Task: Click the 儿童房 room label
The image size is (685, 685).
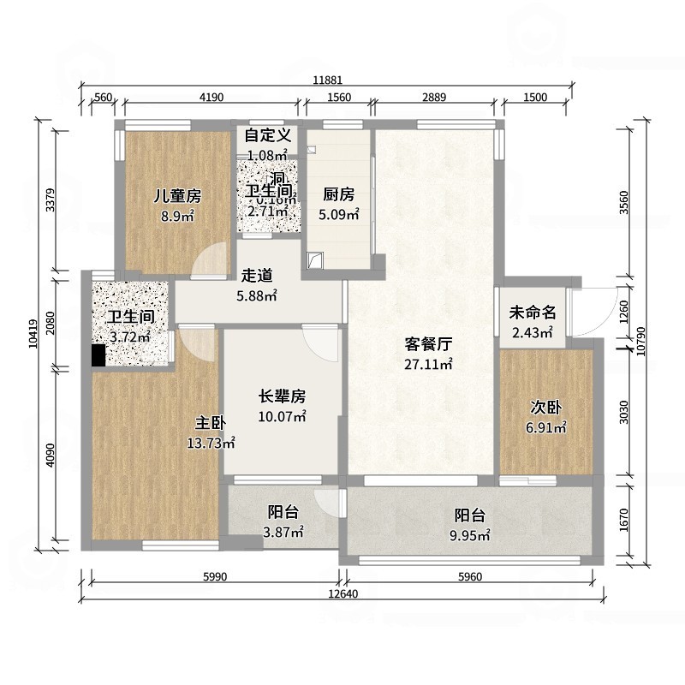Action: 177,196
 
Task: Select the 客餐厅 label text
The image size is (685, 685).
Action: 428,344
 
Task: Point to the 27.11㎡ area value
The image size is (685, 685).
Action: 428,364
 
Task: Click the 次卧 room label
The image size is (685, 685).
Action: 545,407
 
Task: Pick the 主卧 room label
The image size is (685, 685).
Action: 210,423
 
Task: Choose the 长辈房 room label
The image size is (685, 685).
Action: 283,397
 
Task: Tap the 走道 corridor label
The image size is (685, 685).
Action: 257,276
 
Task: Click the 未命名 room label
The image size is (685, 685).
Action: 533,313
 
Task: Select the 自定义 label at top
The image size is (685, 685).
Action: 268,135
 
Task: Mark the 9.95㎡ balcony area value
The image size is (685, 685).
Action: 469,536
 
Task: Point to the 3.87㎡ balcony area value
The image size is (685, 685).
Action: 283,533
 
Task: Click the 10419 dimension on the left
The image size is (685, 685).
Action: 33,334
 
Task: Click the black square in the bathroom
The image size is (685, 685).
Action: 98,355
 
